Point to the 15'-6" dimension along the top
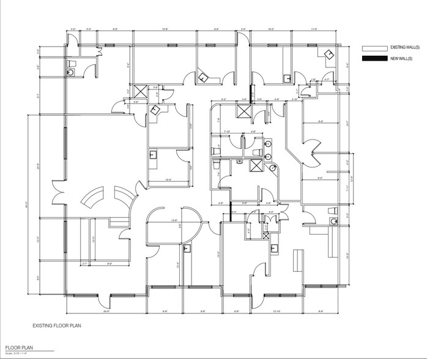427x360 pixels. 165,29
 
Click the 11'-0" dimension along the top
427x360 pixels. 314,29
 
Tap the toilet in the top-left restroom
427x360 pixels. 70,63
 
